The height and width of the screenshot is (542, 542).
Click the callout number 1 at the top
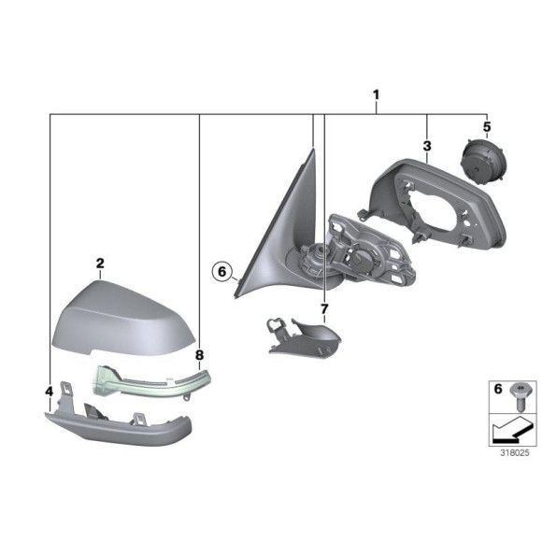pyautogui.click(x=376, y=94)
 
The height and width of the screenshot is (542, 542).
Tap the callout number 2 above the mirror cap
pyautogui.click(x=99, y=264)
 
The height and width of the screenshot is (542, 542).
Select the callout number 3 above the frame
pyautogui.click(x=426, y=147)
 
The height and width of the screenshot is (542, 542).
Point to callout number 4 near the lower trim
pyautogui.click(x=49, y=391)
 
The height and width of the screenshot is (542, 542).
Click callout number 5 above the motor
pyautogui.click(x=486, y=125)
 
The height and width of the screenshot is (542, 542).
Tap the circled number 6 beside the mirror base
pyautogui.click(x=221, y=272)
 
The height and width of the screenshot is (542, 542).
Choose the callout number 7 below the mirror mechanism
pyautogui.click(x=323, y=307)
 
